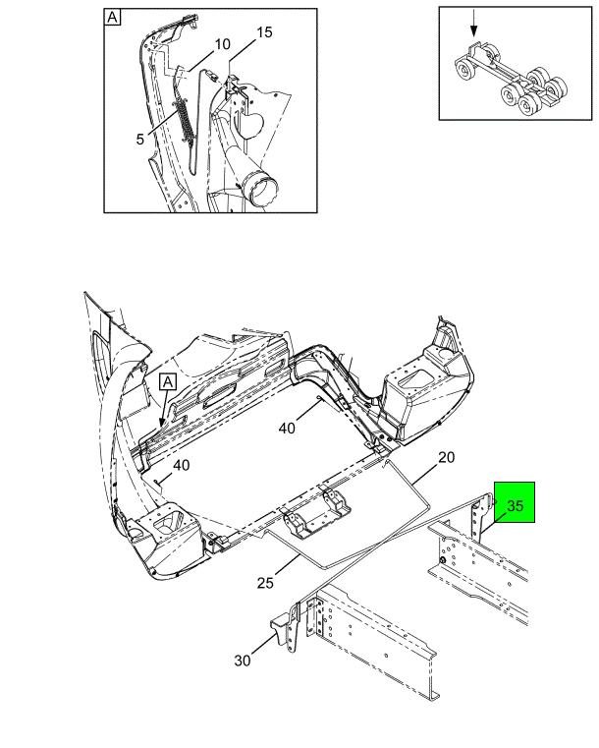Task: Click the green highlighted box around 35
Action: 515,502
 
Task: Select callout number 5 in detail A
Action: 139,139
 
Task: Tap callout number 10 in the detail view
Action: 223,44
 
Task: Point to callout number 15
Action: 264,32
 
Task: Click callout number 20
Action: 447,457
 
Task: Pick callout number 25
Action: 265,583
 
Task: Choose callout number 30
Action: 243,661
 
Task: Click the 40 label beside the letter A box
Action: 181,465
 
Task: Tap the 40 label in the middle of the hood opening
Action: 287,429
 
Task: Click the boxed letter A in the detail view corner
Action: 112,18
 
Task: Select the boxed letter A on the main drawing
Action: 168,382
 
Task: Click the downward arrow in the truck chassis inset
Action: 473,24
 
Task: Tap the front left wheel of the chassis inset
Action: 463,70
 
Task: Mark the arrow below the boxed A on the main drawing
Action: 164,408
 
